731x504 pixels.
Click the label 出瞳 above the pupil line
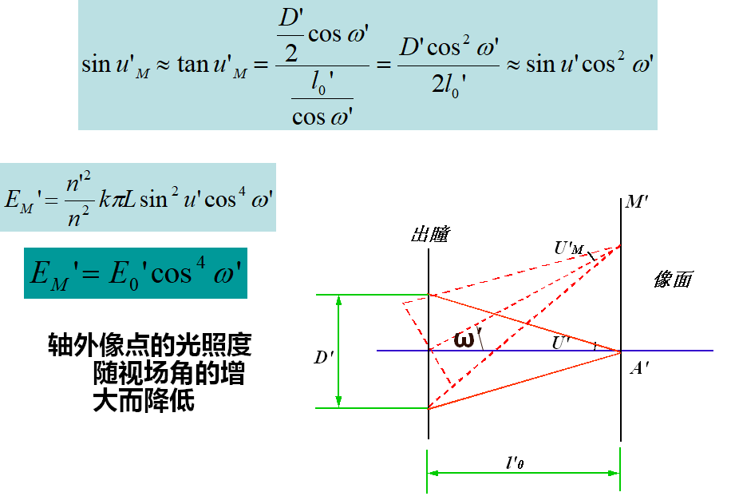pos(430,234)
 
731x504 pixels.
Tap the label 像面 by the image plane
pos(673,280)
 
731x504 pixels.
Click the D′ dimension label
pos(323,358)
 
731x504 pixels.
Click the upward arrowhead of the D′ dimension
pos(339,300)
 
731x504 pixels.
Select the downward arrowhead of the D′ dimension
pos(339,402)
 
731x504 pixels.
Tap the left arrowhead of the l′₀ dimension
pos(433,473)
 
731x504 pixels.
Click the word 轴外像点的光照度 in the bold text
pos(149,345)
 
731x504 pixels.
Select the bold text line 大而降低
pos(144,400)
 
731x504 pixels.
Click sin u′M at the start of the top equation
pos(115,65)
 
